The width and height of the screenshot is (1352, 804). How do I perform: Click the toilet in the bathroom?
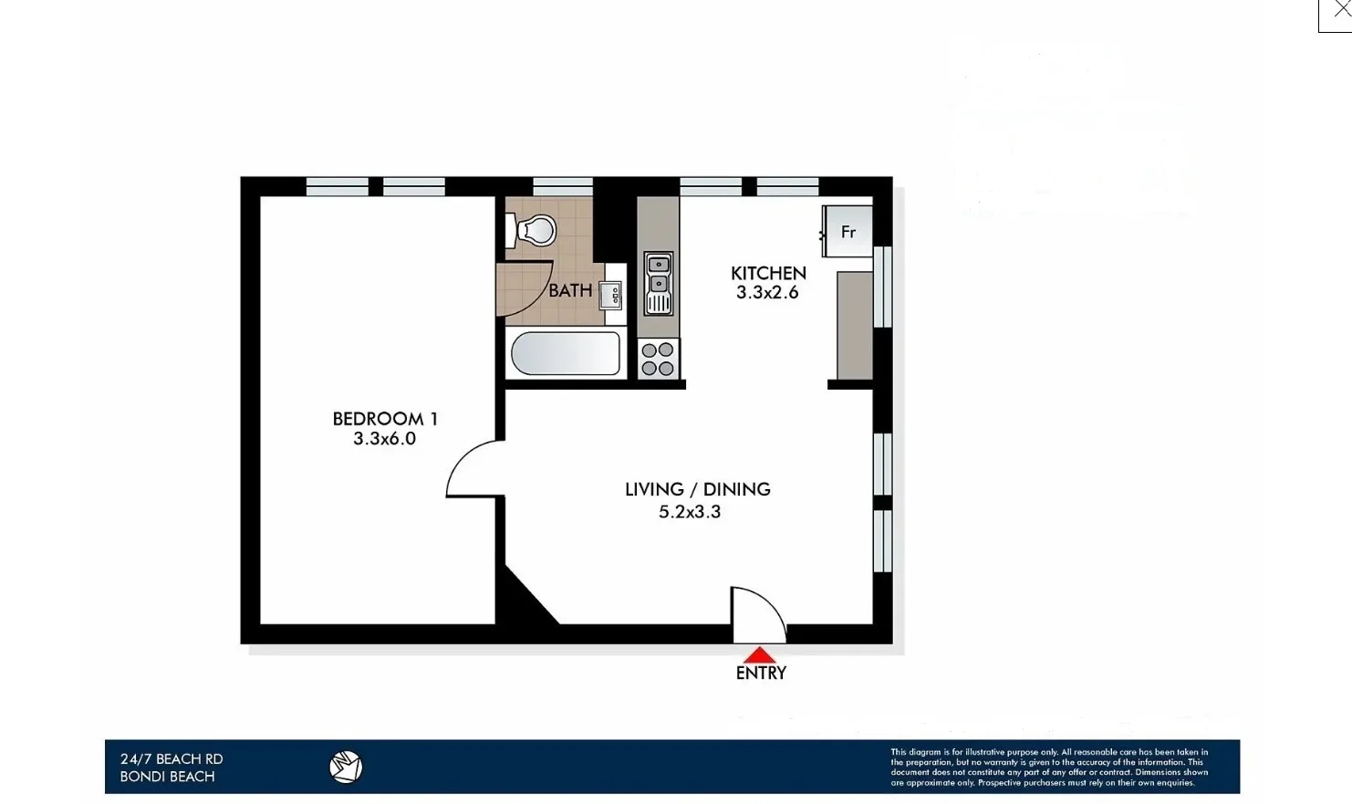535,230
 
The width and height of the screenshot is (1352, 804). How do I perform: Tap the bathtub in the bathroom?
566,354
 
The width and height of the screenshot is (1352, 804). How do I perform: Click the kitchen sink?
658,282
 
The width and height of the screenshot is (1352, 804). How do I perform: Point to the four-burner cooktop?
658,359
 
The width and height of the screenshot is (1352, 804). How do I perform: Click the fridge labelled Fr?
848,232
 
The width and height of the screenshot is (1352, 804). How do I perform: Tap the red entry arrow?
759,654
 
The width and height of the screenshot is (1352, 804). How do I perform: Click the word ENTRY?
761,673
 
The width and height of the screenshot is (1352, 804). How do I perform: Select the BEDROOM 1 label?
385,419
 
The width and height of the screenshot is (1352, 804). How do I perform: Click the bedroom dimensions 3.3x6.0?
385,439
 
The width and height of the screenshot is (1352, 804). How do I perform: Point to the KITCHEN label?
768,273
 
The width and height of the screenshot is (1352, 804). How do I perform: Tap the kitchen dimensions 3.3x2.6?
767,293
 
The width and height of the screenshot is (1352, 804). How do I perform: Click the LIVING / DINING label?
697,489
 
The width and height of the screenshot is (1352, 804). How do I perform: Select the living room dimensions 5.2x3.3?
690,512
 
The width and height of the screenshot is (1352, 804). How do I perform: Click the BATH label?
570,290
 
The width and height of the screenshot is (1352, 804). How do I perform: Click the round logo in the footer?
346,767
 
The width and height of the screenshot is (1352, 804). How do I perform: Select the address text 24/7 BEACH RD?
172,758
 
